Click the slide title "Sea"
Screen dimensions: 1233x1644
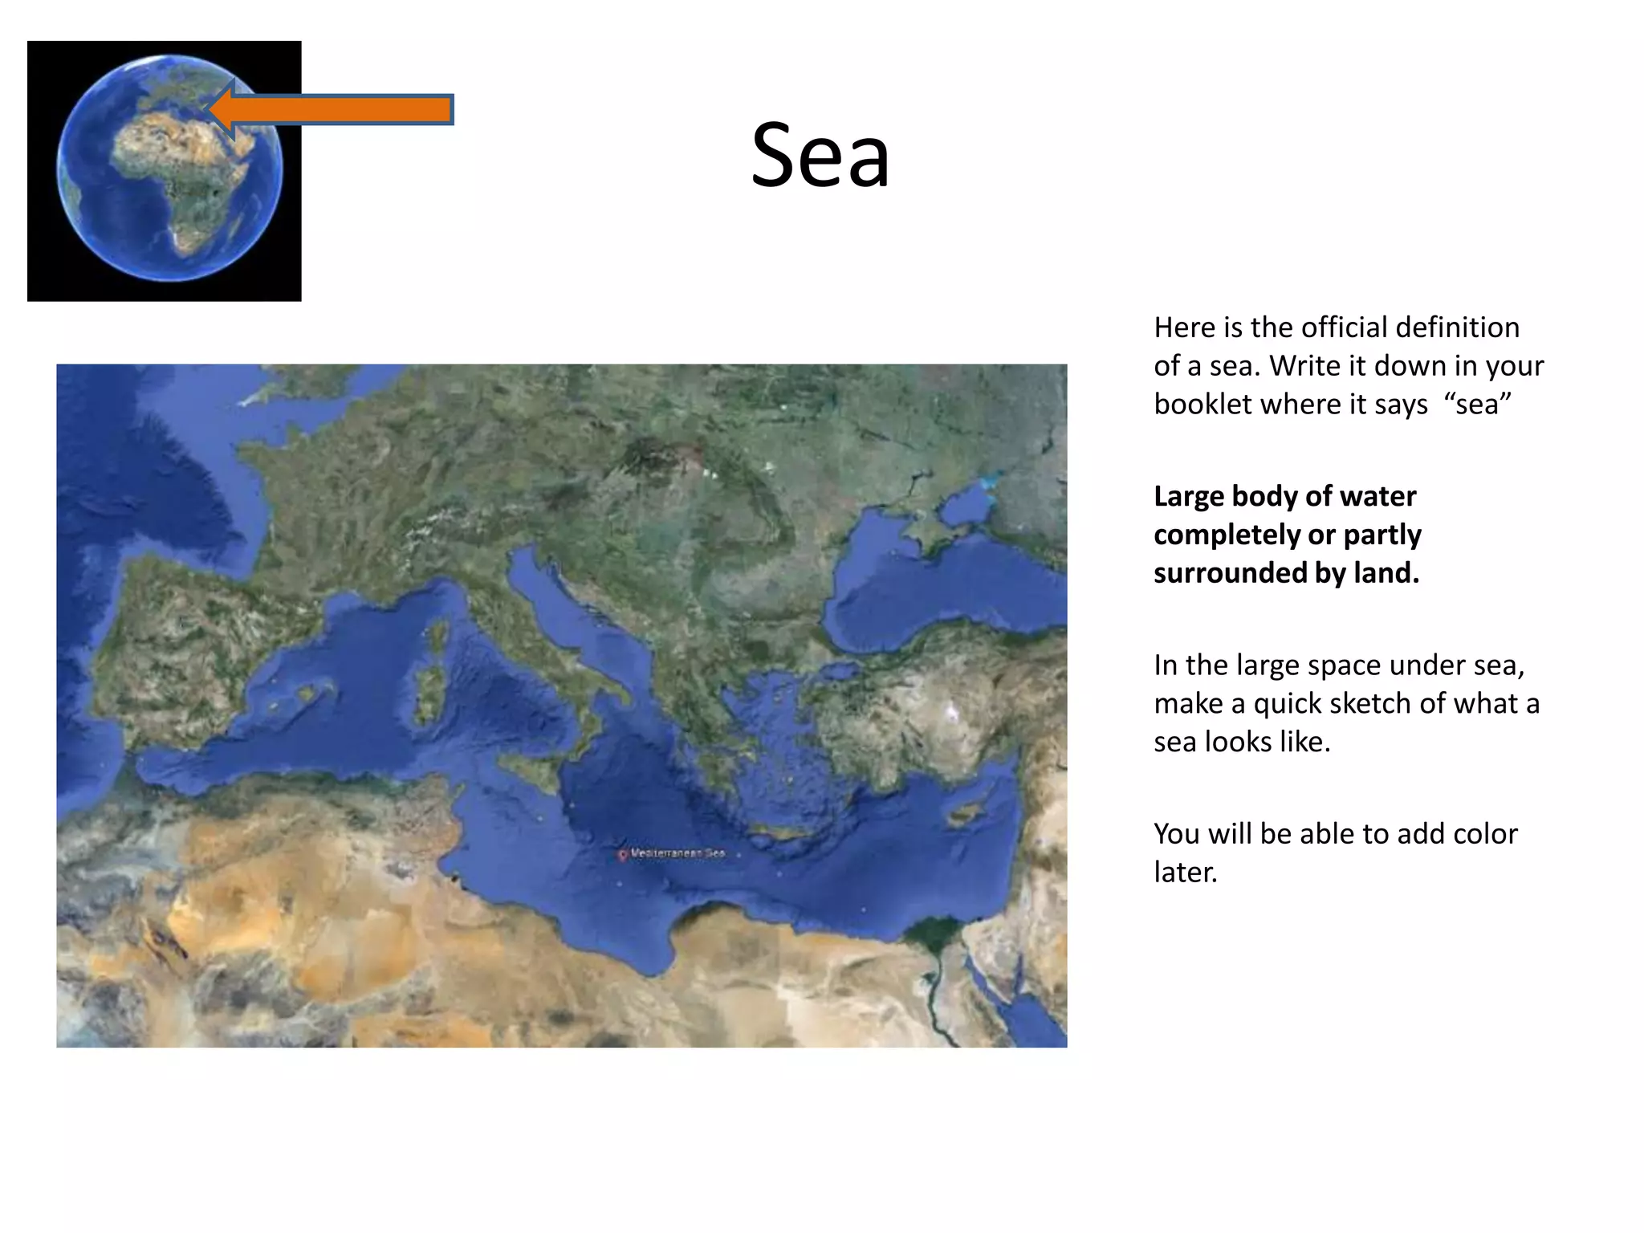[820, 155]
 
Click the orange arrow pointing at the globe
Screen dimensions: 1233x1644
[337, 109]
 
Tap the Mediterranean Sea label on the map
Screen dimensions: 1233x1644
[678, 853]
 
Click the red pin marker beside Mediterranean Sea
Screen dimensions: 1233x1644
[622, 856]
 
